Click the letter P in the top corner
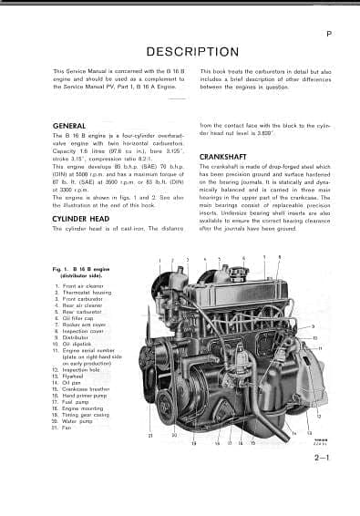[x=327, y=34]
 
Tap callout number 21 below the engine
[x=149, y=437]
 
